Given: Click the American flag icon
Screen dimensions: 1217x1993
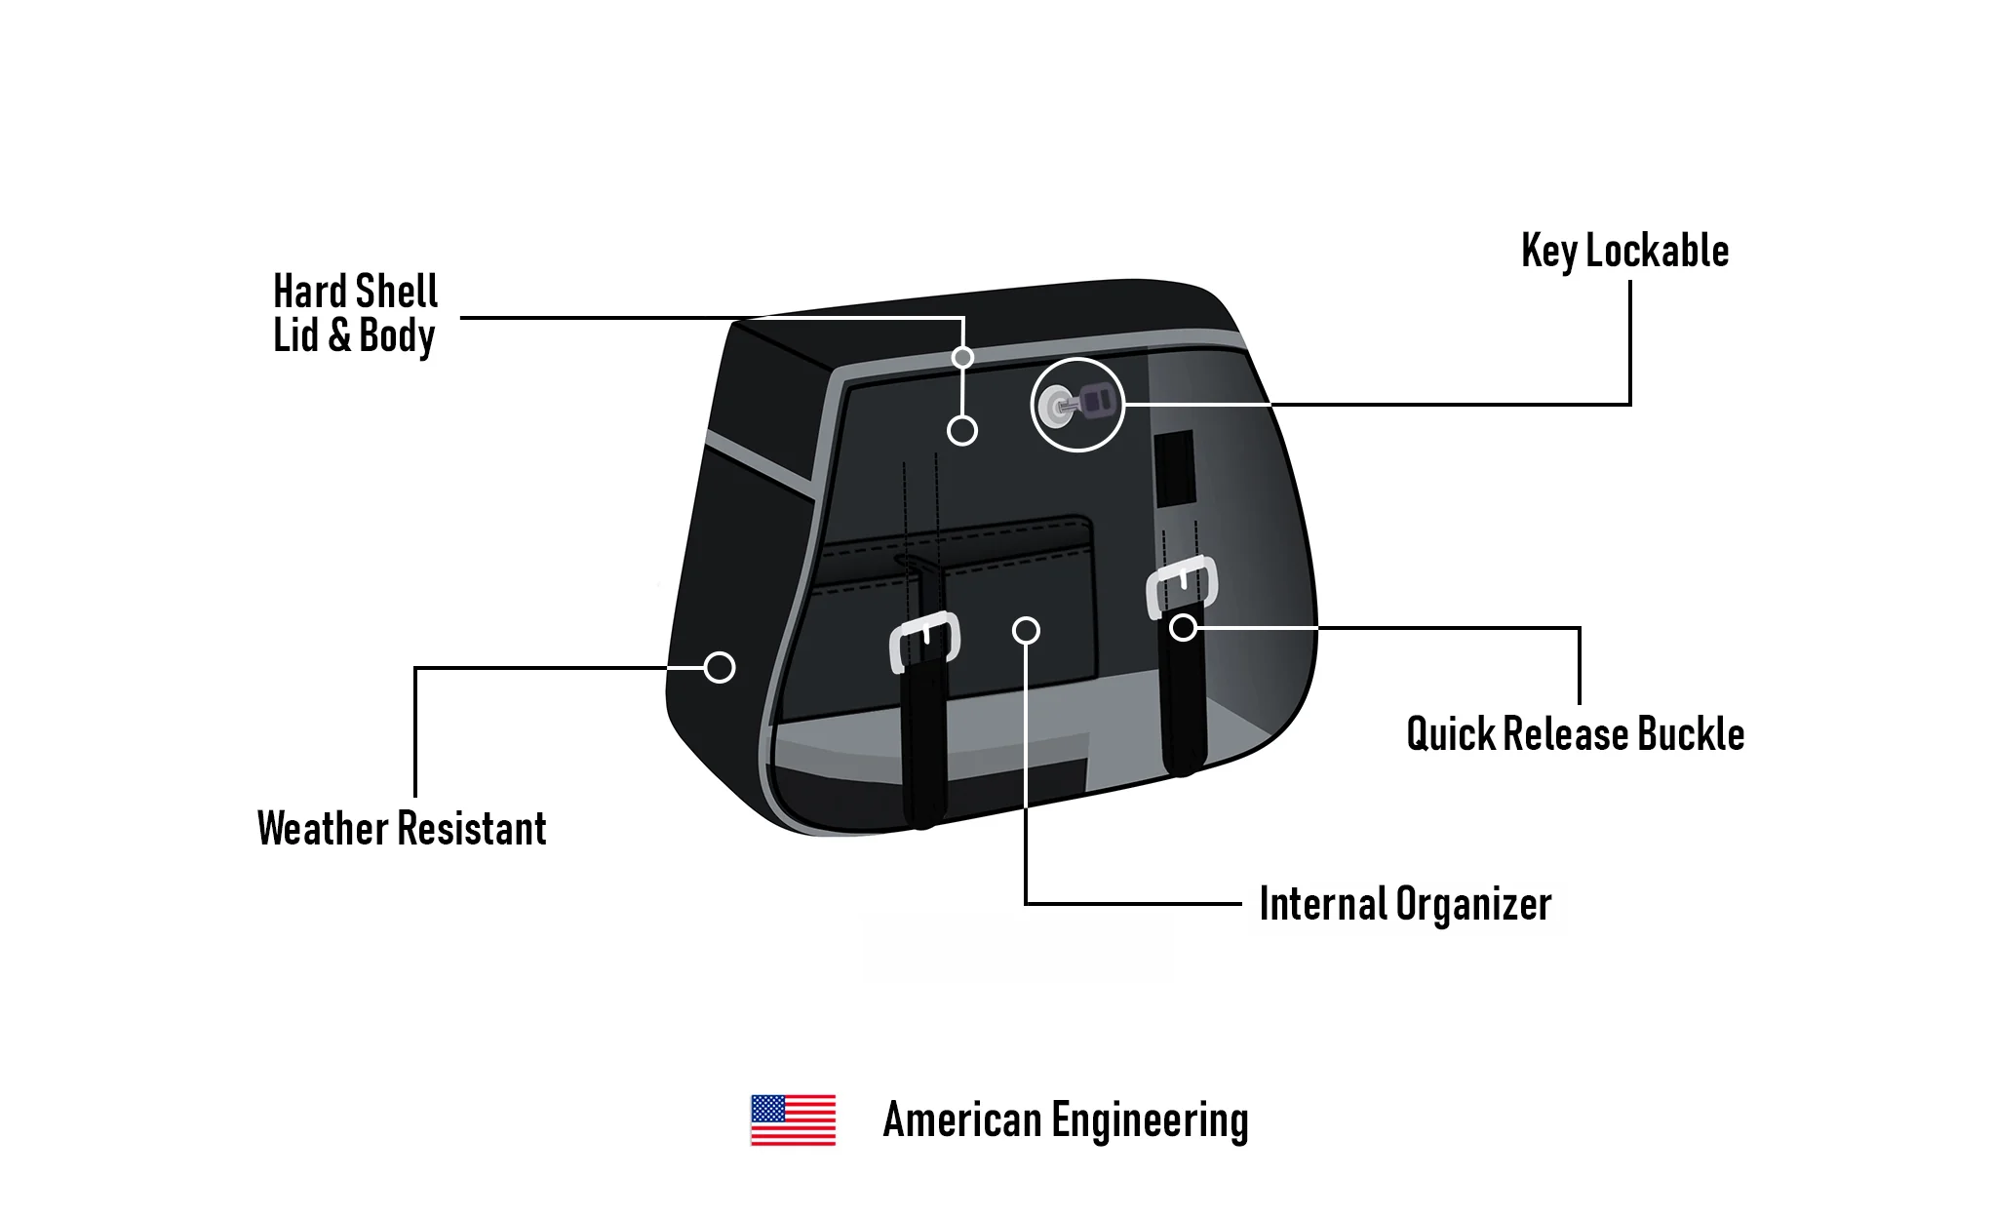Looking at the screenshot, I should [793, 1119].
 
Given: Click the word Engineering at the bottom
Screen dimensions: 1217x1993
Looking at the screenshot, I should [1150, 1120].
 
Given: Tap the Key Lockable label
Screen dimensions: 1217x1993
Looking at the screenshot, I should [1624, 252].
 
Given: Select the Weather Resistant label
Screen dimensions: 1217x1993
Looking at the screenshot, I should [402, 829].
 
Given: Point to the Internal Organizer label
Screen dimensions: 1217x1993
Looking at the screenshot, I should [1405, 904].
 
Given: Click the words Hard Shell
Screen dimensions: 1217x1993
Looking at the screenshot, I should [356, 292].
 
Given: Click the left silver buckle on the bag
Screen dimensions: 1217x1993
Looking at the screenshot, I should [924, 640].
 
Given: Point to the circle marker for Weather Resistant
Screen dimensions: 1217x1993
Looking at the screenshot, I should [720, 668].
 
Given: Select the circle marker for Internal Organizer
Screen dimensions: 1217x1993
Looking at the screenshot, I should [1026, 631].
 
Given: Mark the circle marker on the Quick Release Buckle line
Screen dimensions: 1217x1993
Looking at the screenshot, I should [1183, 627].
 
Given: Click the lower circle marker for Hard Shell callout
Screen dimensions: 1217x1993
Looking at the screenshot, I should [962, 430].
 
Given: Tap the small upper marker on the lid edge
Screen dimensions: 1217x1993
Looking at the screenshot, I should [962, 357].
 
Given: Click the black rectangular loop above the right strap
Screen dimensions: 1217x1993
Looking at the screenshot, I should [1174, 468].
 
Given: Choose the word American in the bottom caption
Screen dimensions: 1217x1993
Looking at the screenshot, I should [961, 1120].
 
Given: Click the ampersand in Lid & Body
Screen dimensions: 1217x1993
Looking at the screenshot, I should [338, 335].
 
